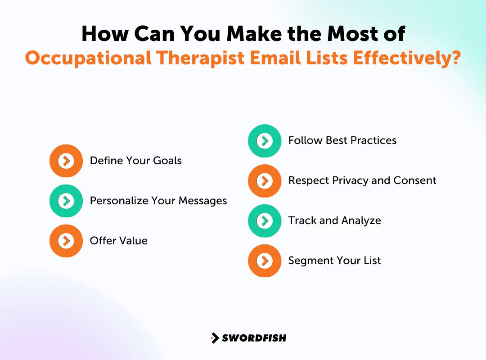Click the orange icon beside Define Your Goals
click(x=66, y=161)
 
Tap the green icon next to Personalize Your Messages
click(x=66, y=201)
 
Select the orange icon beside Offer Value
click(x=66, y=241)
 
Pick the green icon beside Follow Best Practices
click(x=265, y=141)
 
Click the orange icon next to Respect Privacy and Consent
click(x=265, y=181)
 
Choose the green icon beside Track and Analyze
click(x=265, y=221)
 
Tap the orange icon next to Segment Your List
click(x=265, y=261)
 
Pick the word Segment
click(x=309, y=261)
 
